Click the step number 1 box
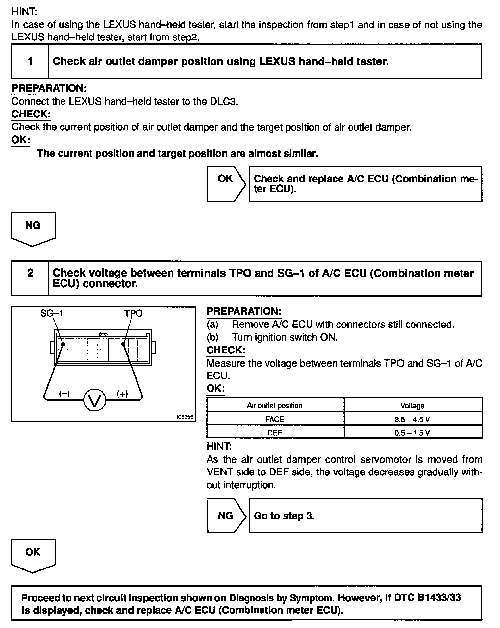pyautogui.click(x=30, y=61)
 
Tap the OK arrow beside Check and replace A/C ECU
pyautogui.click(x=226, y=183)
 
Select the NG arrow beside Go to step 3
pyautogui.click(x=226, y=516)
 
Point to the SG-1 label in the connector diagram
pyautogui.click(x=52, y=313)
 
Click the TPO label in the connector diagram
pyautogui.click(x=133, y=313)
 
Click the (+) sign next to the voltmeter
pyautogui.click(x=122, y=394)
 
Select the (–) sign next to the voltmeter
pyautogui.click(x=64, y=394)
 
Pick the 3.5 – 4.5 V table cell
pyautogui.click(x=412, y=419)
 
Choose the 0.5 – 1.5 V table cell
pyautogui.click(x=412, y=433)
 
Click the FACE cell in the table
pyautogui.click(x=275, y=419)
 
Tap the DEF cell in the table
pyautogui.click(x=275, y=433)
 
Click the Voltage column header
pyautogui.click(x=412, y=406)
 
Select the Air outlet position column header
pyautogui.click(x=275, y=406)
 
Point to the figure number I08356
pyautogui.click(x=185, y=417)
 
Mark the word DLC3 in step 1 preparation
pyautogui.click(x=223, y=101)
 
